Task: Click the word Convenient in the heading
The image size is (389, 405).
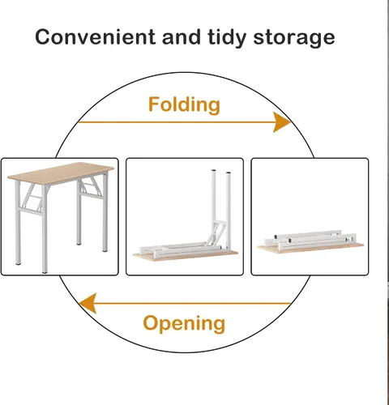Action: coord(96,37)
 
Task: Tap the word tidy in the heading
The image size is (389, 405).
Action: coord(227,38)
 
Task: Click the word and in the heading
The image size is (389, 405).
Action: coord(182,37)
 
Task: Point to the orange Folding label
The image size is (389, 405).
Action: coord(184,104)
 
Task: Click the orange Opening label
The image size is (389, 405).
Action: coord(184,323)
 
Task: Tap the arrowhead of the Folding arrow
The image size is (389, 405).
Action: coord(282,122)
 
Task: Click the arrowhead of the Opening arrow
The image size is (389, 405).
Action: coord(88,304)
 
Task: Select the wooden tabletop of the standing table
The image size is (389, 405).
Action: coord(61,173)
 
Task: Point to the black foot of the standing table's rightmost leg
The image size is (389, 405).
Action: coord(105,250)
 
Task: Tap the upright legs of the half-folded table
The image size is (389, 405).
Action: coord(221,208)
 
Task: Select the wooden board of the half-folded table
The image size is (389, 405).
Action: coord(186,256)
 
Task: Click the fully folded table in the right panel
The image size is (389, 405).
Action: coord(310,241)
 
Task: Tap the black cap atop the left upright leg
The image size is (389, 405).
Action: coord(214,171)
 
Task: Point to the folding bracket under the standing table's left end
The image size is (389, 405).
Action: coord(32,197)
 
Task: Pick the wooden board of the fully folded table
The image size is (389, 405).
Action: coord(310,249)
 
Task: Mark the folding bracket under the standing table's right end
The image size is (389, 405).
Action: coord(92,186)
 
